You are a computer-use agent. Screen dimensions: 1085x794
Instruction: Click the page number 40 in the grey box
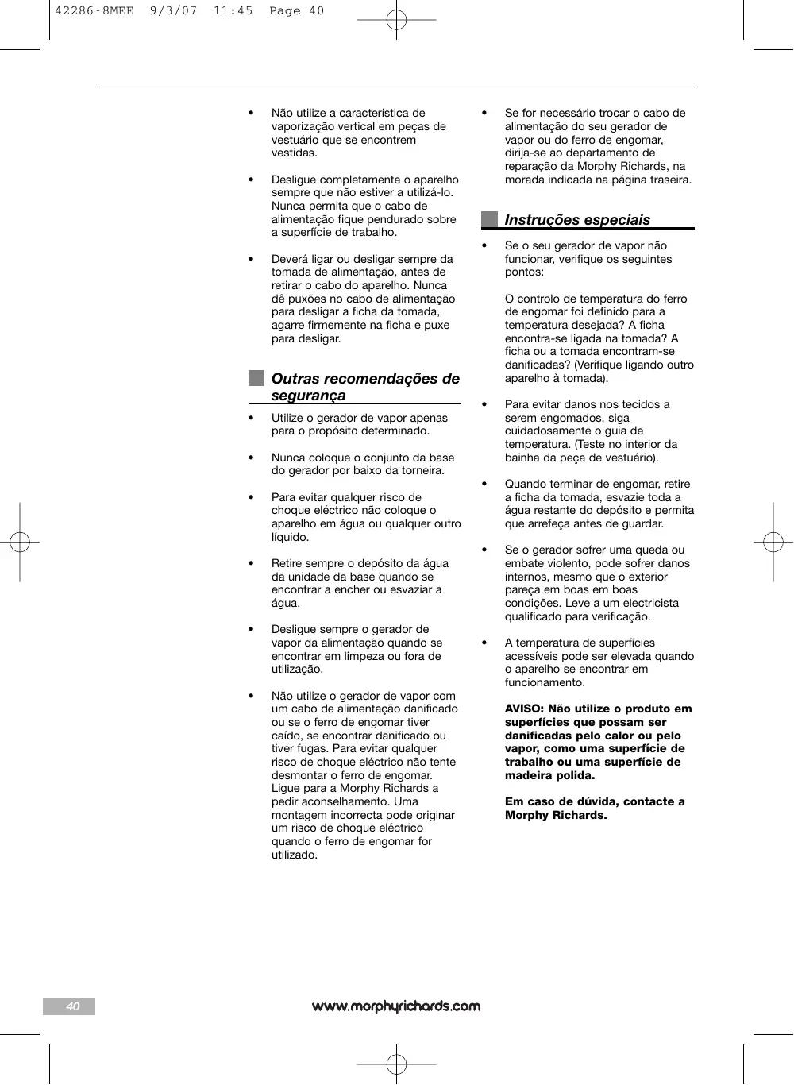(72, 1006)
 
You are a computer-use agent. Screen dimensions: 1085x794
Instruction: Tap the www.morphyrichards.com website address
(396, 1006)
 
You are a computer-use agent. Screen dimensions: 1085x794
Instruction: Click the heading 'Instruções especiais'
(577, 220)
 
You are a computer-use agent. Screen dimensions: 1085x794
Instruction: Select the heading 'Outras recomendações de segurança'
(365, 387)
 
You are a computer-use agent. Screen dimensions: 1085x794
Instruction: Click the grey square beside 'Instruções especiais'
(489, 219)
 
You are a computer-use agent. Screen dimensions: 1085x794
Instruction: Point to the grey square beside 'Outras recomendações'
(256, 378)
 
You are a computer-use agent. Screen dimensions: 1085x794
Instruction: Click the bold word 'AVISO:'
(525, 709)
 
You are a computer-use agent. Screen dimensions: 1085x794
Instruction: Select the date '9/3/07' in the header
(173, 11)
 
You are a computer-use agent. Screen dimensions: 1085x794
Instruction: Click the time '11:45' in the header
(233, 11)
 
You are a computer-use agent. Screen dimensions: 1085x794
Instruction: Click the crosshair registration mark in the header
(396, 20)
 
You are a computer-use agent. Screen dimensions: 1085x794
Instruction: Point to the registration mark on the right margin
(773, 542)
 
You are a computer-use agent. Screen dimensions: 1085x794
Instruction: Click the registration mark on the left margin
(20, 542)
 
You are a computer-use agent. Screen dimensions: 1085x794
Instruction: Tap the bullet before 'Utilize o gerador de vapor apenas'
(252, 418)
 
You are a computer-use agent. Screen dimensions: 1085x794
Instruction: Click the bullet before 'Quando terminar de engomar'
(484, 484)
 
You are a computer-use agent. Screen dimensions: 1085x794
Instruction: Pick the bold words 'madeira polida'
(549, 775)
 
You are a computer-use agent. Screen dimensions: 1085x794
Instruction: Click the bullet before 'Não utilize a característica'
(252, 113)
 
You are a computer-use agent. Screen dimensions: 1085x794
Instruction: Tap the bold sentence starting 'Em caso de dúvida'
(595, 808)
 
